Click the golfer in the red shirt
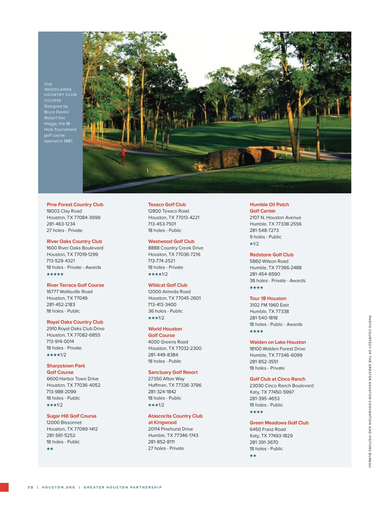pos(123,156)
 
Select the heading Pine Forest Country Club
pos(75,205)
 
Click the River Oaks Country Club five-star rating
pos(55,274)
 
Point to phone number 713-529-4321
pos(61,261)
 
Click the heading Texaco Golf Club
pos(167,205)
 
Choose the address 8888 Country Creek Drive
pos(176,248)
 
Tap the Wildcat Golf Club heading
pos(168,285)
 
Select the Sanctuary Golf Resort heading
pos(173,372)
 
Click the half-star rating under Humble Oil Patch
pos(254,244)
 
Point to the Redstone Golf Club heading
pos(272,255)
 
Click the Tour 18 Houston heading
pos(268,298)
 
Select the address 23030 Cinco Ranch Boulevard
pos(281,386)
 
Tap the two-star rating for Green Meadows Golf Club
pos(253,456)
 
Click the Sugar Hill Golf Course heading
pos(71,416)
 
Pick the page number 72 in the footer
pos(30,488)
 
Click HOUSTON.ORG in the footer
pos(59,488)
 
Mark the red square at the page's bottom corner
pos(4,488)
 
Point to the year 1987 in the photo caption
pos(68,141)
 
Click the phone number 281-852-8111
pos(161,442)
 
